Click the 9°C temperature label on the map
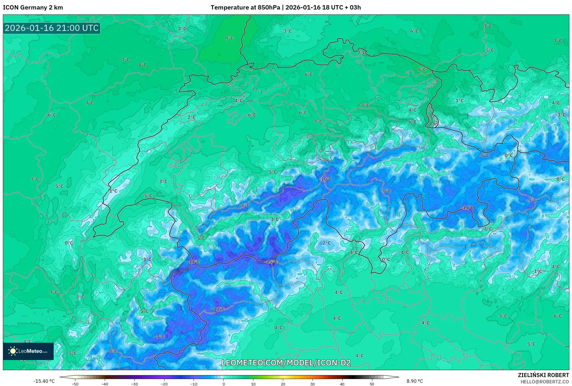(229, 38)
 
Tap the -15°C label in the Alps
(271, 262)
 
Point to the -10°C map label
(326, 179)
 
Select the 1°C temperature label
(459, 101)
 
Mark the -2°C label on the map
(326, 243)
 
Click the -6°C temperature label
(484, 155)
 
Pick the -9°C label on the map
(531, 200)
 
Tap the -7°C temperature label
(159, 337)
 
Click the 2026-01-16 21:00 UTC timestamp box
(52, 28)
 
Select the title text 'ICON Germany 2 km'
(33, 8)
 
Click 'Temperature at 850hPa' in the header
(245, 8)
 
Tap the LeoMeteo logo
(28, 351)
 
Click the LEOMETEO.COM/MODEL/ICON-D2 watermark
(286, 363)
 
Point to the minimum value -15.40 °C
(44, 381)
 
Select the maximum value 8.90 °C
(415, 381)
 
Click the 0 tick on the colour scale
(223, 384)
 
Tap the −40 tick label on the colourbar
(105, 384)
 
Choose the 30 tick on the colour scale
(313, 384)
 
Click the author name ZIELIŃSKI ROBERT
(543, 375)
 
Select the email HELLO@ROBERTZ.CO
(545, 382)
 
